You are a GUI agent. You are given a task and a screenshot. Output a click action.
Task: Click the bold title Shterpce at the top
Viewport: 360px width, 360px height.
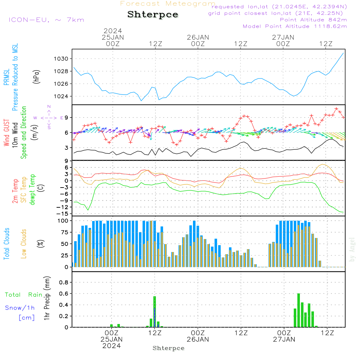coord(153,14)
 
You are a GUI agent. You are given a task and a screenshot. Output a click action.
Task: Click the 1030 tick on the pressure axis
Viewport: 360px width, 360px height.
coord(61,59)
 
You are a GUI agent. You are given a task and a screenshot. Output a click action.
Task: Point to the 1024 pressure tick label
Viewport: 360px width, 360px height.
coord(61,96)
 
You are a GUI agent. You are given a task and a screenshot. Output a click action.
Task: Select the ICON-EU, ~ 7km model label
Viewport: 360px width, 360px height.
coord(46,20)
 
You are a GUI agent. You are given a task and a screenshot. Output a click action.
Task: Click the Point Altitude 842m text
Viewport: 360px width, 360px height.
coord(313,20)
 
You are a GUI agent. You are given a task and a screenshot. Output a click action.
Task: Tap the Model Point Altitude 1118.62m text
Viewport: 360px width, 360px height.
coord(295,26)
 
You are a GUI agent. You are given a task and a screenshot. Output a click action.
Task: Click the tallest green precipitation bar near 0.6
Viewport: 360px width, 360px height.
coord(298,310)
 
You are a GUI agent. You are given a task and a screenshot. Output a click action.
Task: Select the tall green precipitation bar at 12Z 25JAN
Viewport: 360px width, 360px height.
coord(155,312)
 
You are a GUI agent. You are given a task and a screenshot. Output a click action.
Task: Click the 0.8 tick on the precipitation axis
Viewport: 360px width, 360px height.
coord(64,282)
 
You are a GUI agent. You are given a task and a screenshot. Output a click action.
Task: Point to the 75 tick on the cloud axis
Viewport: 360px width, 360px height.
coord(65,232)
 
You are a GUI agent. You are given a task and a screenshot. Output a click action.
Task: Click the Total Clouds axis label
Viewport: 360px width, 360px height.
coord(6,244)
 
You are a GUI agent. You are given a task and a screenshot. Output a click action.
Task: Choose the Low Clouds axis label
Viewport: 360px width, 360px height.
coord(24,244)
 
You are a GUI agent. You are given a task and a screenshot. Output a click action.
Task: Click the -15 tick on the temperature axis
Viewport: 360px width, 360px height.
coord(63,214)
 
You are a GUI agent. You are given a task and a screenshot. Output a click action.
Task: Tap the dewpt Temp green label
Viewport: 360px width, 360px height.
coord(32,189)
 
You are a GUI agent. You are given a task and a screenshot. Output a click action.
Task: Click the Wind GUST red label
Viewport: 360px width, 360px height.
coord(6,133)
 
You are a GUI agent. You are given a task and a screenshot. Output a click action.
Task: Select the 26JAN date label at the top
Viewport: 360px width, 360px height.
coord(198,37)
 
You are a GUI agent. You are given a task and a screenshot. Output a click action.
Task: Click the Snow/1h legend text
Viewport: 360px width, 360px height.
coord(20,308)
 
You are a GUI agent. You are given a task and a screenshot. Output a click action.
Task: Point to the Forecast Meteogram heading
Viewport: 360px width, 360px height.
coord(168,4)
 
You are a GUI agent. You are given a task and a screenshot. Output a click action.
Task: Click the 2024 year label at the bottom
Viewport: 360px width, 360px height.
coord(112,346)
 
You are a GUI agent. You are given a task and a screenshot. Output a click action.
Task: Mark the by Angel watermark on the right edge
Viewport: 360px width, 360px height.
coord(352,249)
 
